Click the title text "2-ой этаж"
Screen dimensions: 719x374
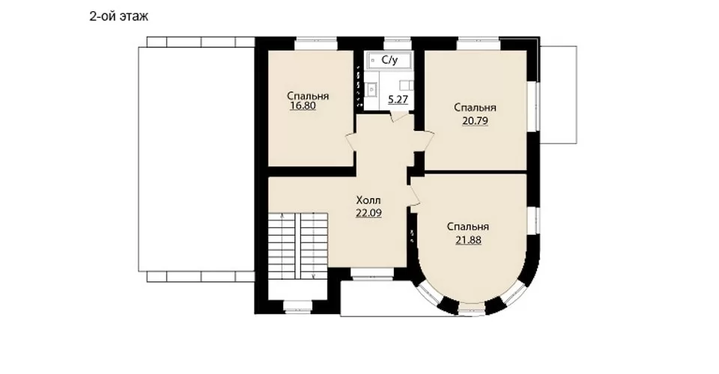click(x=119, y=17)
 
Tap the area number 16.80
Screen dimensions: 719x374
click(x=303, y=106)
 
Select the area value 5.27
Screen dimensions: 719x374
click(x=398, y=99)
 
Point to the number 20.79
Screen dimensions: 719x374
click(x=475, y=121)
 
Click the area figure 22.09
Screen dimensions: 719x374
click(x=368, y=213)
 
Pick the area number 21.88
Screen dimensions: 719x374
click(x=468, y=240)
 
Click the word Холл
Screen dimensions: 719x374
click(x=368, y=200)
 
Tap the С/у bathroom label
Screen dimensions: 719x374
click(x=389, y=60)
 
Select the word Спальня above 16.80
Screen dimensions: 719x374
click(x=308, y=96)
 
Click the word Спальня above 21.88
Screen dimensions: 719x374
click(x=468, y=227)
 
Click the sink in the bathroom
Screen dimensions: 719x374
click(x=371, y=89)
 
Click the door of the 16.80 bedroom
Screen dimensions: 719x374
click(x=351, y=141)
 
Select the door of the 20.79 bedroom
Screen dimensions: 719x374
click(x=425, y=141)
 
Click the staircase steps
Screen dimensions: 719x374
click(x=298, y=245)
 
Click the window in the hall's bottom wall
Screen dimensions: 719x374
click(x=372, y=274)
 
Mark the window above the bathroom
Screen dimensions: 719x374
click(x=397, y=43)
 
